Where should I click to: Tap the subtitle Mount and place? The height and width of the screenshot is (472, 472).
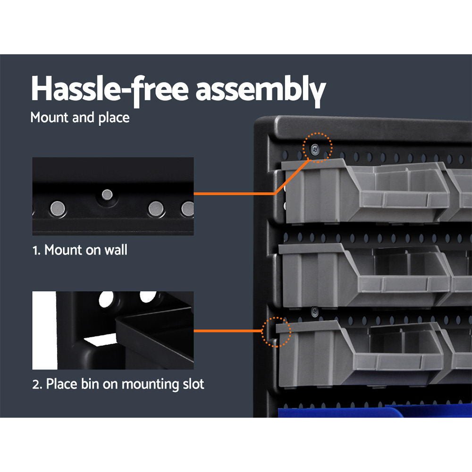point(80,118)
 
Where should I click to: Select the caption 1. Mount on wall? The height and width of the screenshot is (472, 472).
point(80,250)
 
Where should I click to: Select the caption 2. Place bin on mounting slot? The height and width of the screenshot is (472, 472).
point(118,384)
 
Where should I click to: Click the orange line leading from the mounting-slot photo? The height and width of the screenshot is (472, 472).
point(227,331)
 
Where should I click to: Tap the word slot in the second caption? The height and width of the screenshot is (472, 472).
point(192,384)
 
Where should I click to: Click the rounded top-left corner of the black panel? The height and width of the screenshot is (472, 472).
point(261,124)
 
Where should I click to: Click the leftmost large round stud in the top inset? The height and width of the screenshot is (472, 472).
point(59,207)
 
